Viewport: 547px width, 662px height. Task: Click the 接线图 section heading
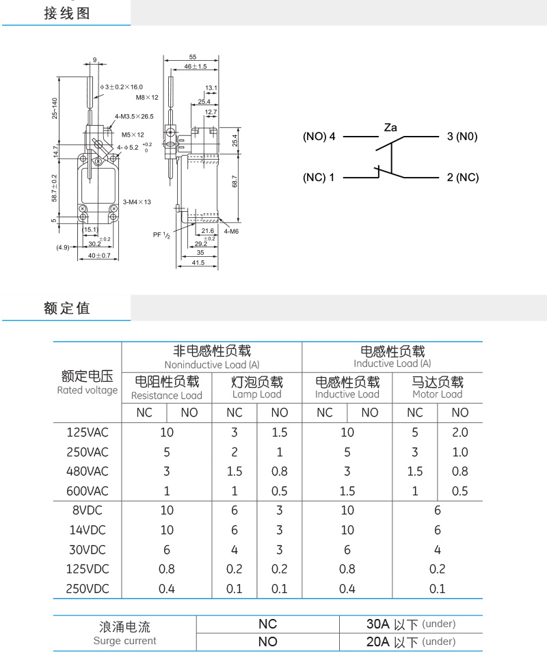tap(67, 13)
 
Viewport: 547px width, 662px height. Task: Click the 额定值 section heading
tap(67, 308)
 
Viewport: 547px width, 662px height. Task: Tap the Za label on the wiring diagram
tap(390, 127)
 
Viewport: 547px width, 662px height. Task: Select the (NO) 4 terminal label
tap(319, 137)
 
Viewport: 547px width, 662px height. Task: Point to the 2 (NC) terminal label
tap(463, 178)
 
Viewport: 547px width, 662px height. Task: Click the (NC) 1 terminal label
tap(319, 178)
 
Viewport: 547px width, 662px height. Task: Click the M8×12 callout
tap(147, 98)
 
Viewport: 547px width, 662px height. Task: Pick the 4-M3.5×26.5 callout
tap(134, 117)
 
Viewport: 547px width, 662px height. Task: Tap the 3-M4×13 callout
tap(137, 202)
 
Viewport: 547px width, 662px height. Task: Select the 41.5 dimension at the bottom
tap(198, 262)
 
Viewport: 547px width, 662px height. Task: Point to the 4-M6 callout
tap(231, 232)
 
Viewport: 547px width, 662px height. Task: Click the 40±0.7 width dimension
tap(99, 256)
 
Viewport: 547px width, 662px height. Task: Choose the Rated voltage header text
tap(88, 390)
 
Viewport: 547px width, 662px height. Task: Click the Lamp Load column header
tap(257, 394)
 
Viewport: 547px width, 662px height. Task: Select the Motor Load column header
tap(438, 394)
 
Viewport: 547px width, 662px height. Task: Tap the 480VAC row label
tap(88, 471)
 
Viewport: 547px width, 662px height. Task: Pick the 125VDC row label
tap(88, 568)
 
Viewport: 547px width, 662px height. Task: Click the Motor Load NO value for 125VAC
tap(460, 432)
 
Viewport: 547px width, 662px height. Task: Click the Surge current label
tap(124, 641)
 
